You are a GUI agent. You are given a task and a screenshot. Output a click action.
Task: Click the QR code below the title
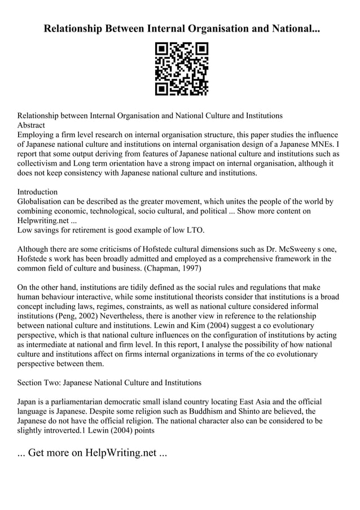(x=181, y=68)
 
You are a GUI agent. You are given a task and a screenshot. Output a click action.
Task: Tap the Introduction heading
(x=37, y=192)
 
